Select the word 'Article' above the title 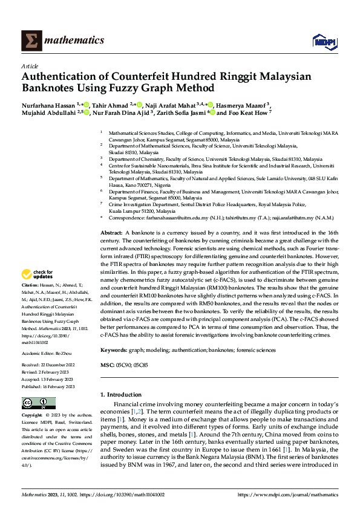click(x=30, y=66)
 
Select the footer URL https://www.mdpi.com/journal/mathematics click(x=288, y=494)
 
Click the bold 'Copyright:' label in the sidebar click(x=33, y=416)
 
